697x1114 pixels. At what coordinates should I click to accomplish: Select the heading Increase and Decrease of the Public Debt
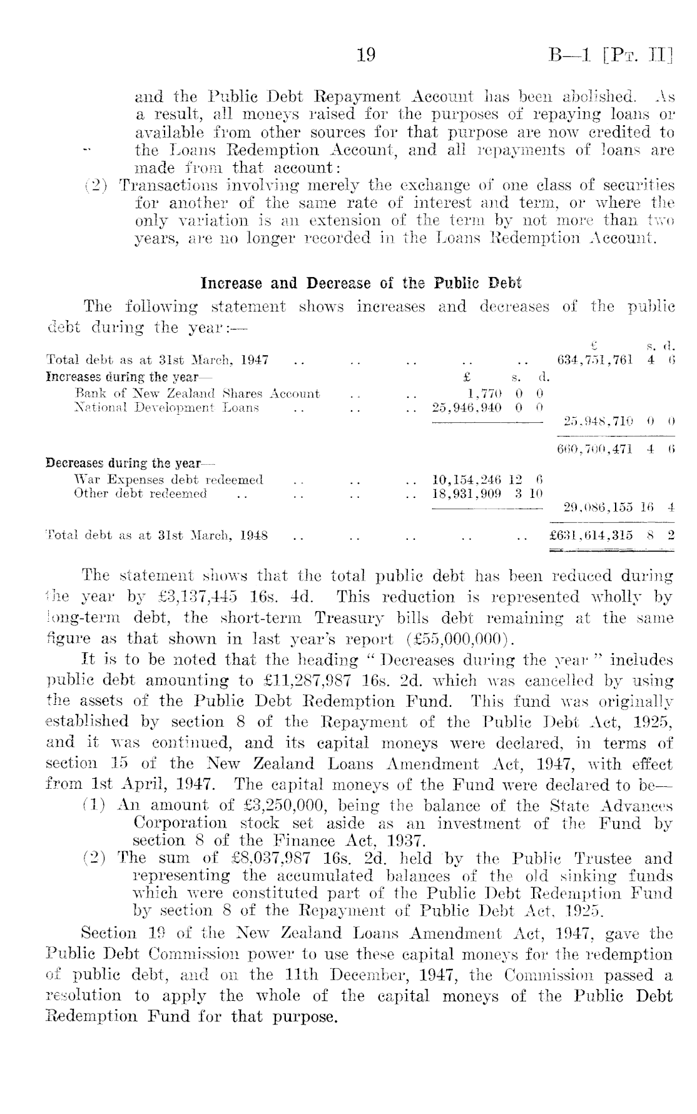click(361, 283)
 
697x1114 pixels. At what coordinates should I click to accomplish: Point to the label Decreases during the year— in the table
click(130, 464)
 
